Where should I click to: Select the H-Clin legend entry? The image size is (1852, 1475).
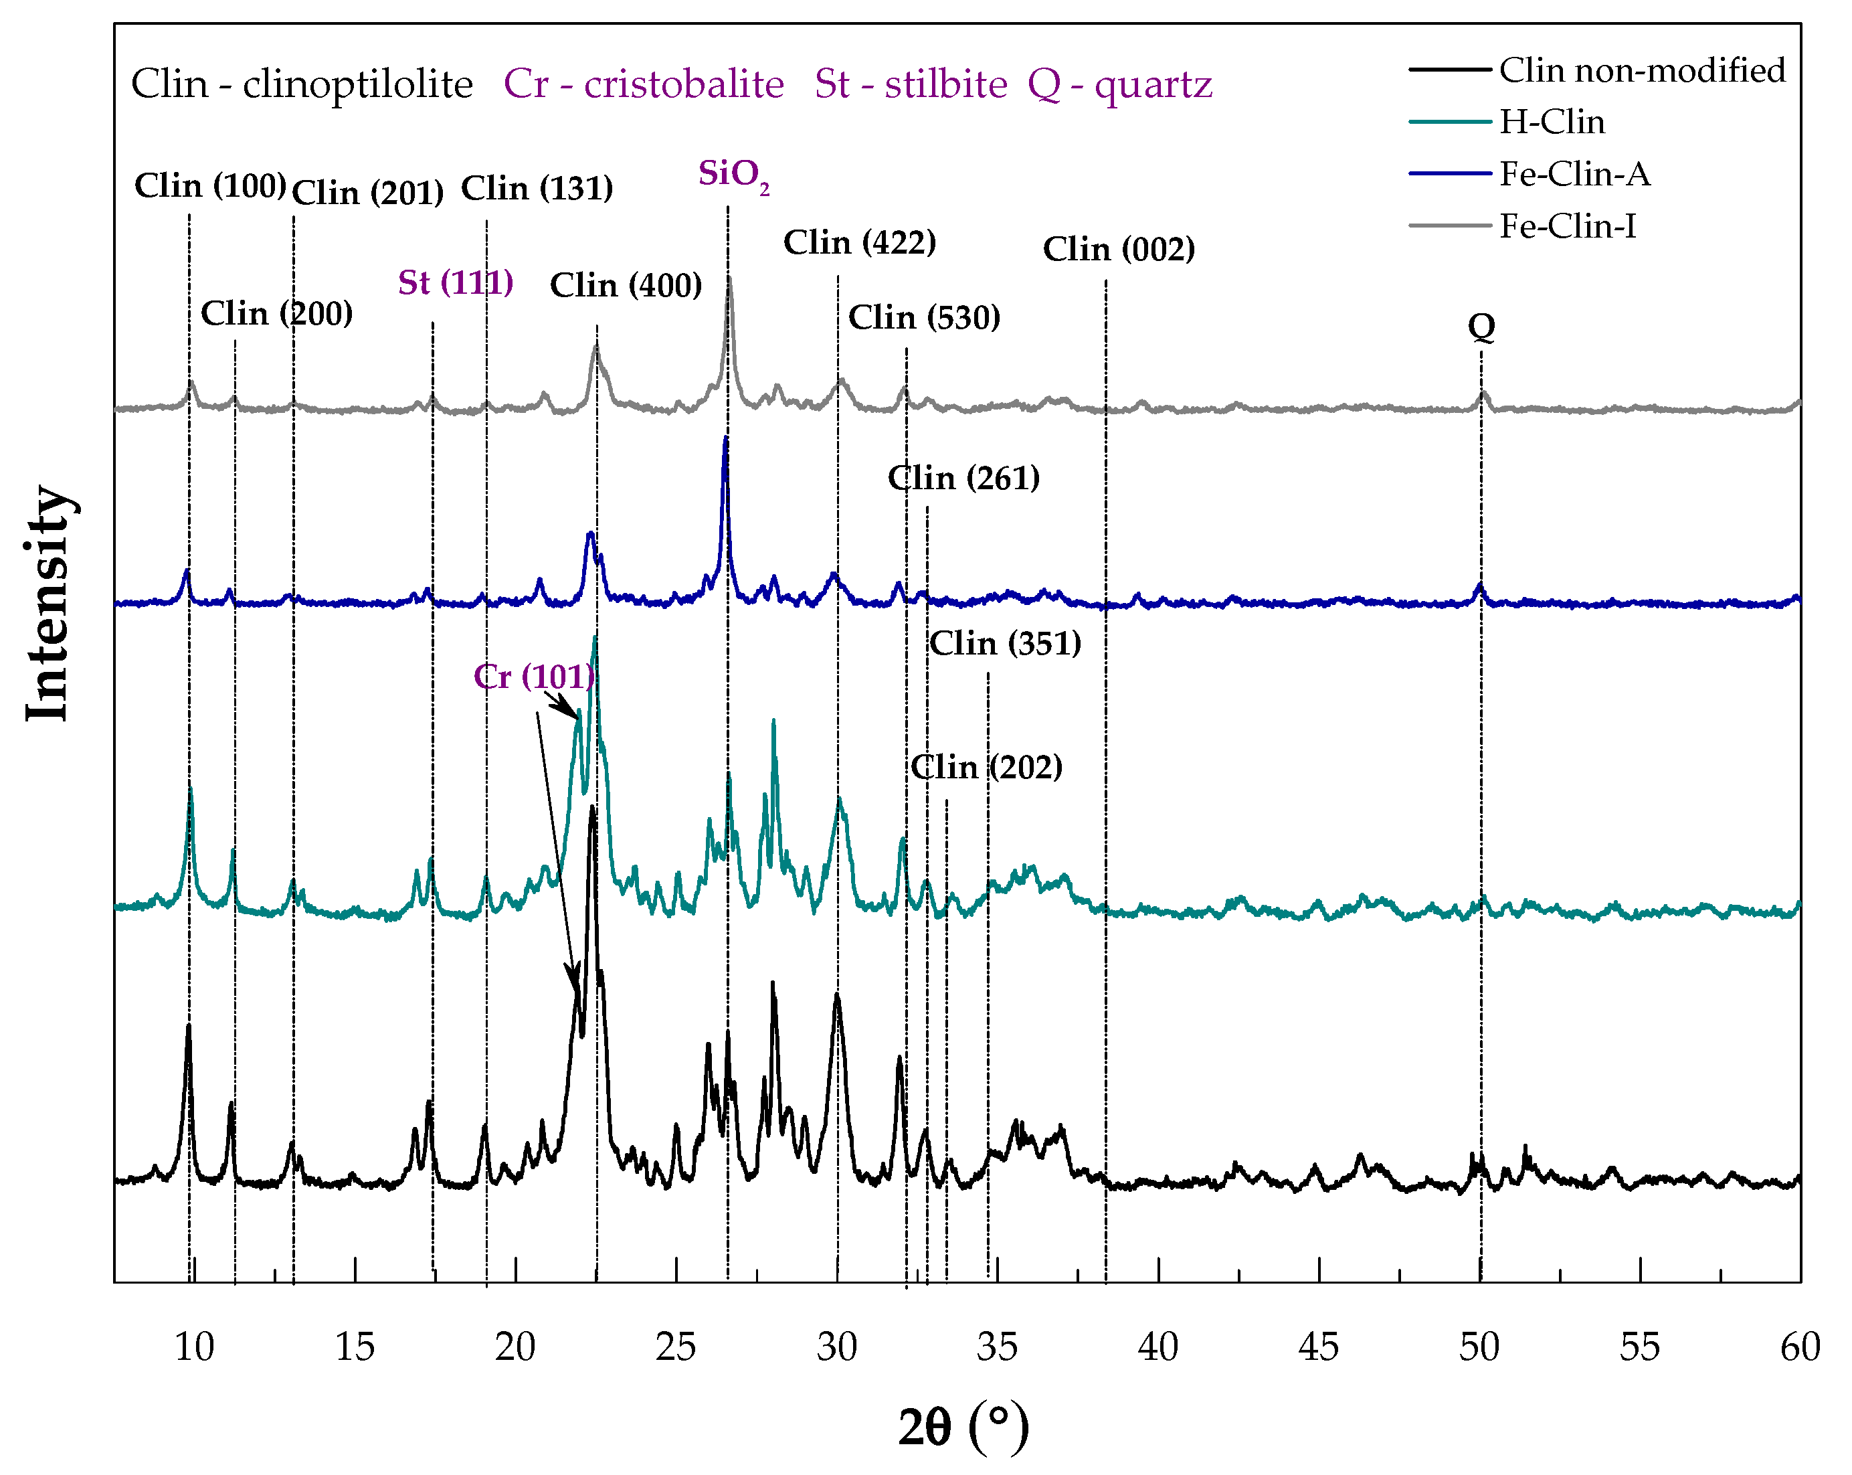1552,122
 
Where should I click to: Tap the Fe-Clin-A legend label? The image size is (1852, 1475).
1574,175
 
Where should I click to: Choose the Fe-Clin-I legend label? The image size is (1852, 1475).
1567,227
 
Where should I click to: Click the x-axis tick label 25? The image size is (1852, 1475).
675,1347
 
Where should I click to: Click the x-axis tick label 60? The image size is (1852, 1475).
1800,1347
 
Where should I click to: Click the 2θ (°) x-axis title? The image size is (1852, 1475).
963,1427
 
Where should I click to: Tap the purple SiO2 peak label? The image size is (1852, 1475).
733,175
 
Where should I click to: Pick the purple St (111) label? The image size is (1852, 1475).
455,282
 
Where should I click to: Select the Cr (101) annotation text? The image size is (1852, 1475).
533,677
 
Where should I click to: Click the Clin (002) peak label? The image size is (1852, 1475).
1119,249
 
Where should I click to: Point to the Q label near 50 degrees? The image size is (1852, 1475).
1481,327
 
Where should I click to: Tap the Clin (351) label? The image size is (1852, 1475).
1005,643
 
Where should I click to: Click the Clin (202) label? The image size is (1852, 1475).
986,767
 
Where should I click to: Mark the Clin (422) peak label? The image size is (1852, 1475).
859,243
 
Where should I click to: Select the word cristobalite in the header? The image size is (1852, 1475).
684,84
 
